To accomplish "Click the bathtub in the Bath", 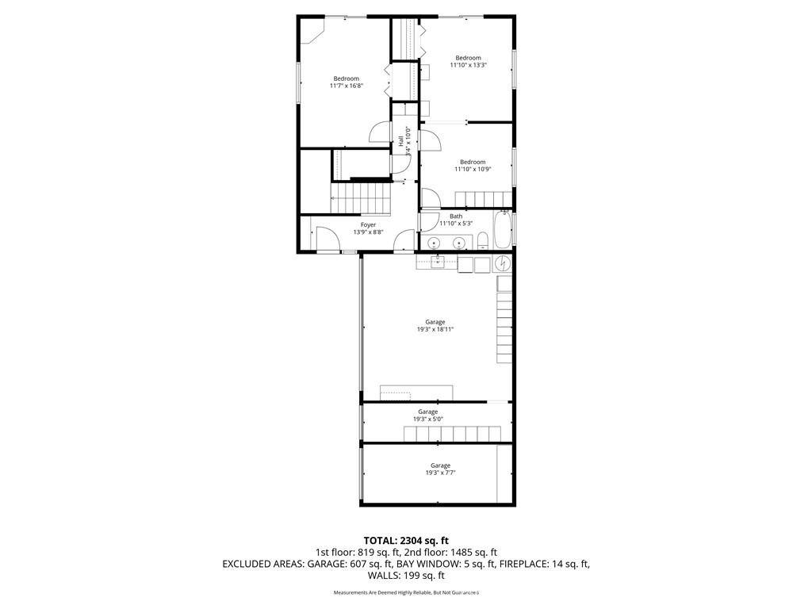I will [x=503, y=231].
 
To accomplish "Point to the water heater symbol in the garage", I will [x=502, y=262].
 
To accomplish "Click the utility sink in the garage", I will [x=436, y=262].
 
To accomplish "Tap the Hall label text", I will [x=401, y=141].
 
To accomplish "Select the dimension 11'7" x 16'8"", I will [x=346, y=86].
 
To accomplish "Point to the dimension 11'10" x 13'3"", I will [x=468, y=65].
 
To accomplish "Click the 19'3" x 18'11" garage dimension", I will [x=435, y=329].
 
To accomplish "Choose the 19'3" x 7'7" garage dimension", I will [x=440, y=473].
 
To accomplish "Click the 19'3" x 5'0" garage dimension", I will [x=428, y=419].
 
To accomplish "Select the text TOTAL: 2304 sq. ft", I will [x=405, y=540].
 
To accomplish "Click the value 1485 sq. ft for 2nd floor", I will [x=473, y=552].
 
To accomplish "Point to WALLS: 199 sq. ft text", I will [x=405, y=576].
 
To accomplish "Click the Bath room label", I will [x=456, y=216].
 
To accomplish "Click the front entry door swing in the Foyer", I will [x=325, y=238].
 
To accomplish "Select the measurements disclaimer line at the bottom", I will [x=405, y=592].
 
